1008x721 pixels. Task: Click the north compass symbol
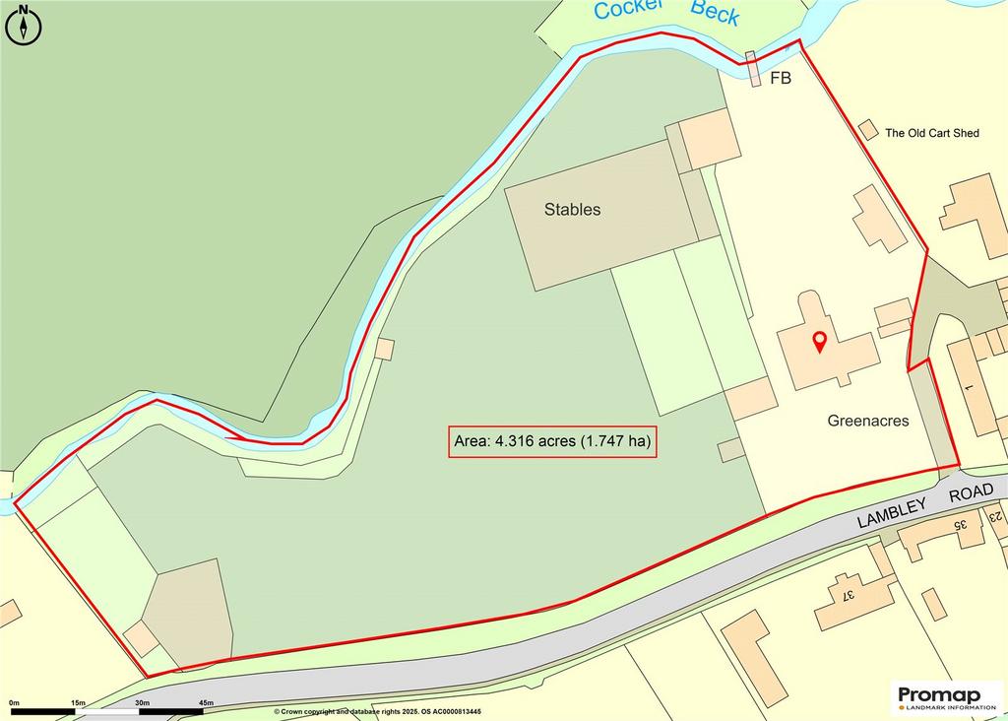click(x=25, y=25)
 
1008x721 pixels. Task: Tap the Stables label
click(x=572, y=210)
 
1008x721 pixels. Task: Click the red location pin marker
click(x=818, y=343)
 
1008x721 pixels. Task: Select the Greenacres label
click(x=867, y=421)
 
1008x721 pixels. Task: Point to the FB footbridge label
click(x=780, y=79)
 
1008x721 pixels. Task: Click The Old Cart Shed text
click(x=932, y=133)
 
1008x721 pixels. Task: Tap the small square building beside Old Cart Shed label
click(x=867, y=130)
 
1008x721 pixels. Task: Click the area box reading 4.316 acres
click(x=551, y=442)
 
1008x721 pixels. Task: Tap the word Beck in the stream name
click(x=715, y=12)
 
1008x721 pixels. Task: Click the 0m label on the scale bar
click(x=14, y=702)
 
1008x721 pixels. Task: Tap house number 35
click(x=960, y=525)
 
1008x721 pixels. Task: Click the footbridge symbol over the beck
click(x=753, y=69)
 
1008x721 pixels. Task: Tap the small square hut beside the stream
click(x=384, y=349)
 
